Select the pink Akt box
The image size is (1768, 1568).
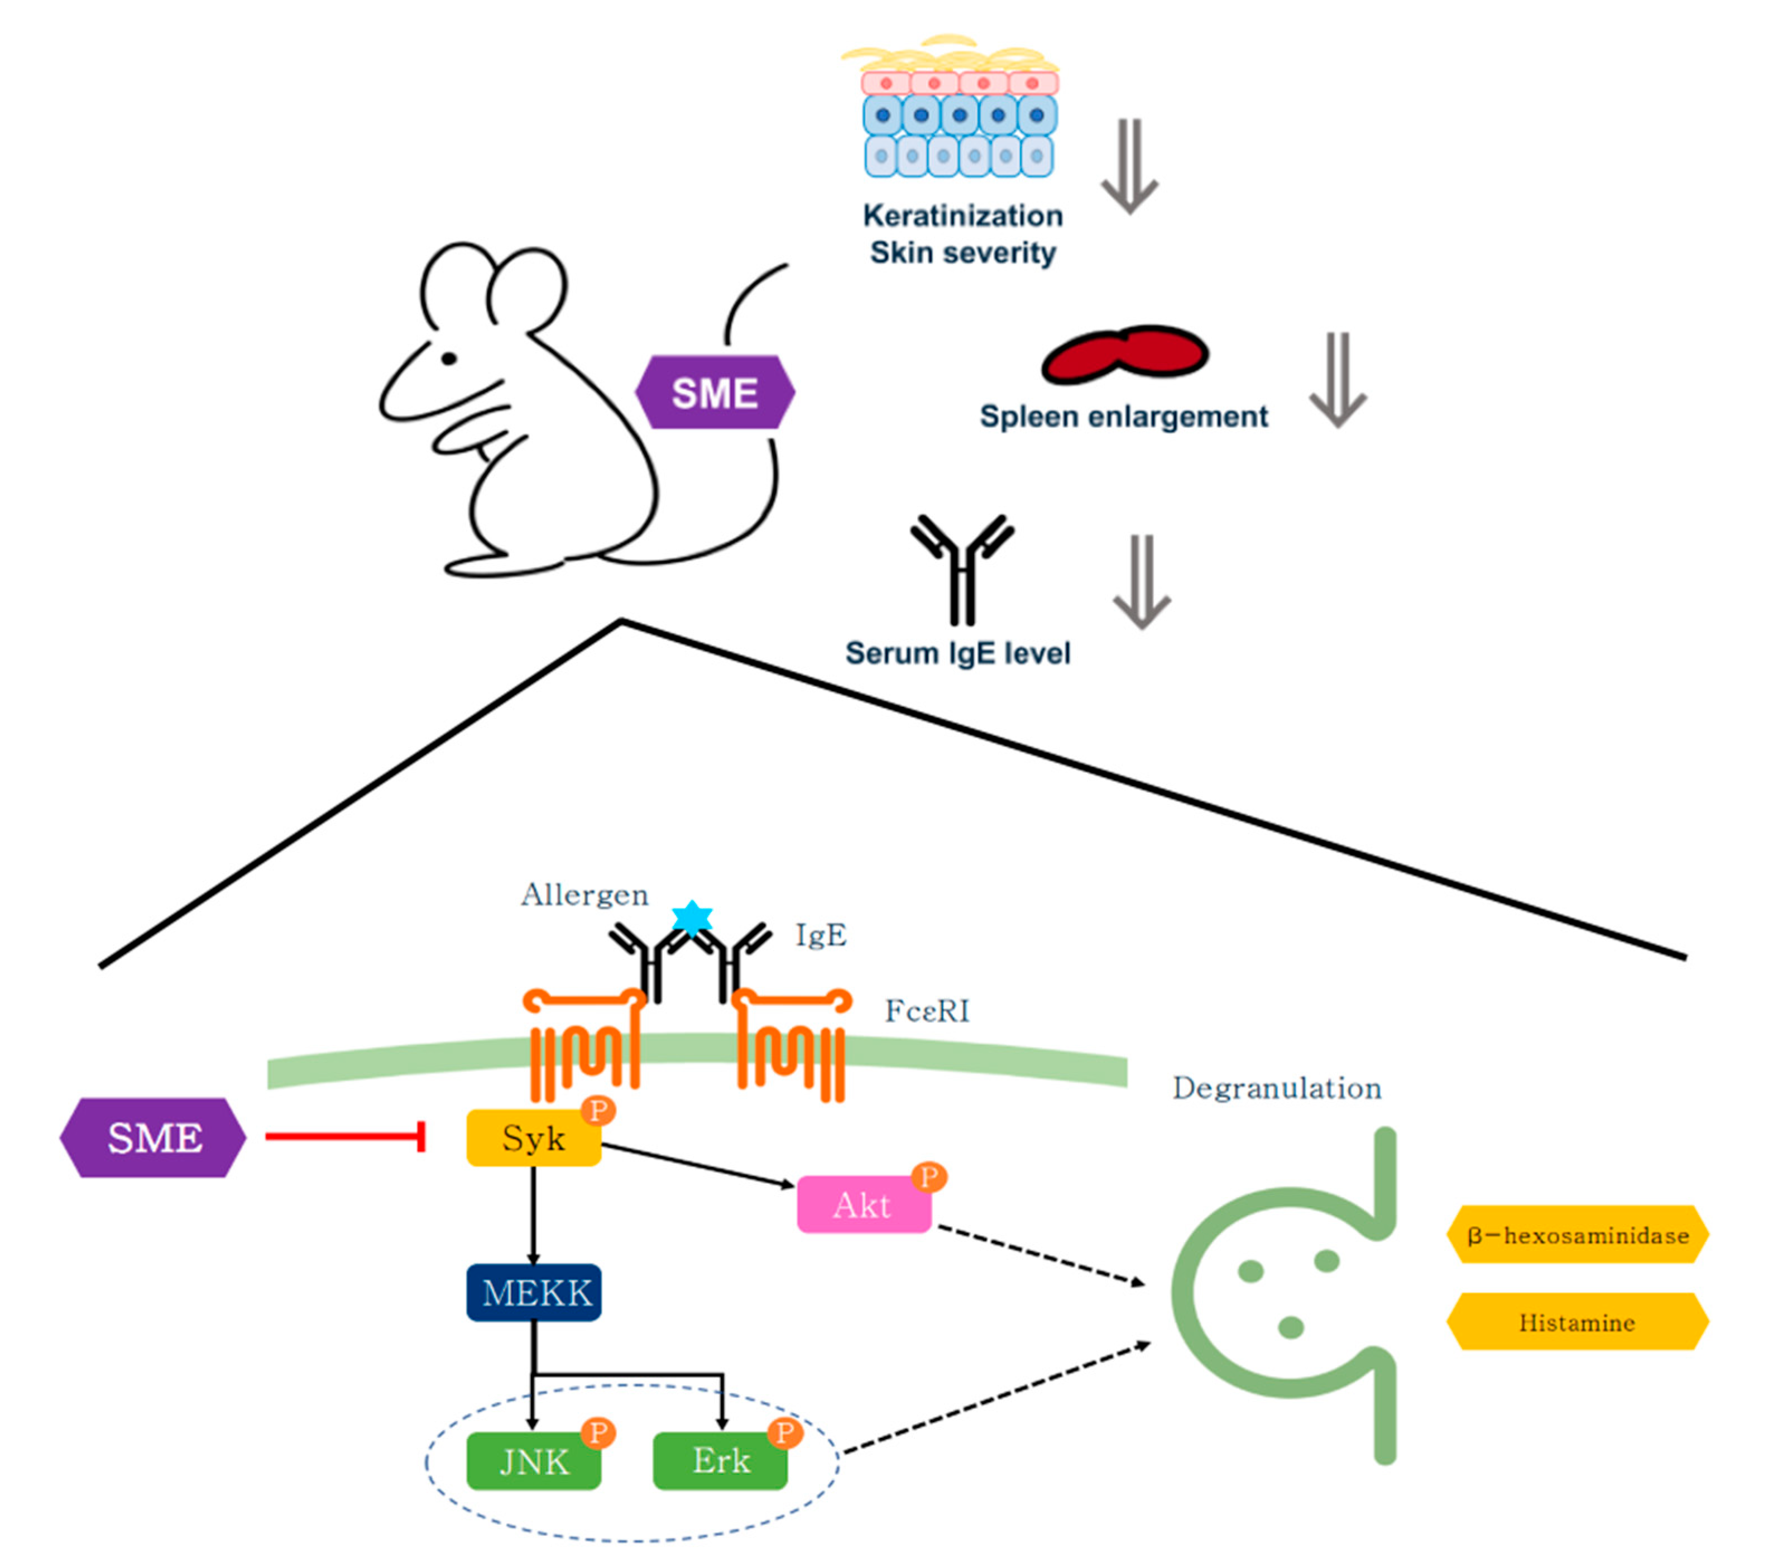tap(863, 1204)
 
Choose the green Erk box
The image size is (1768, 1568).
tap(720, 1461)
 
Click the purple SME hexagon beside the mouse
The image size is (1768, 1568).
tap(715, 393)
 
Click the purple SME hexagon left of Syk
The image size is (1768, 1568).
tap(153, 1138)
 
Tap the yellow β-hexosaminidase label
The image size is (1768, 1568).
tap(1577, 1235)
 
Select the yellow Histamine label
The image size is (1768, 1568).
tap(1577, 1322)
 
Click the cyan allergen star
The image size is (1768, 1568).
tap(692, 917)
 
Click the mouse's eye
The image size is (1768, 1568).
tap(449, 358)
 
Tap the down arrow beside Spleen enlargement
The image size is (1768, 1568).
tap(1337, 381)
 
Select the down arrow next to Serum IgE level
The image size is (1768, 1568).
tap(1142, 581)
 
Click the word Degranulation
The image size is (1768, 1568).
tap(1277, 1088)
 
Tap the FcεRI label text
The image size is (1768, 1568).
tap(926, 1011)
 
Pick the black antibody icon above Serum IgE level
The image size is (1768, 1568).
tap(962, 567)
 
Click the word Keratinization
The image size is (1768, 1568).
tap(962, 216)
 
